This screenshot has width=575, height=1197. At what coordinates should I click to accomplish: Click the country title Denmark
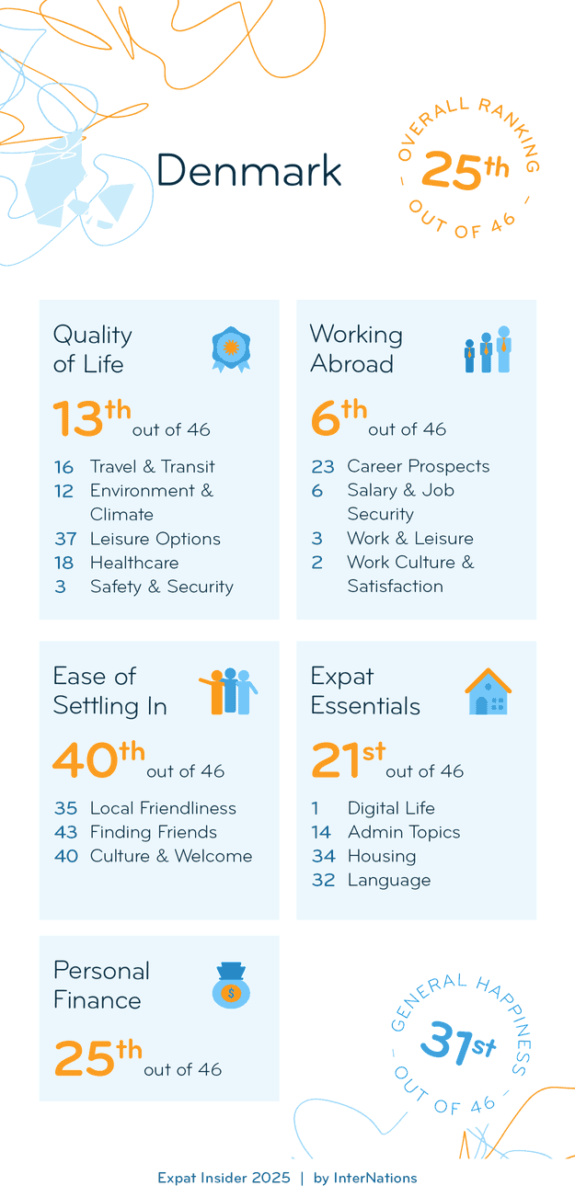coord(248,171)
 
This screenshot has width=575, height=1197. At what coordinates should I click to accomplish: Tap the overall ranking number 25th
coord(465,171)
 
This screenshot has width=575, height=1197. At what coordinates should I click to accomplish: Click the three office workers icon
coord(487,349)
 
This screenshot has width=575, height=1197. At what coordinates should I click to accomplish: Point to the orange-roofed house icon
coord(488,692)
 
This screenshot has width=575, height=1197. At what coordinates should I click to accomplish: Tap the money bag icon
coord(231,986)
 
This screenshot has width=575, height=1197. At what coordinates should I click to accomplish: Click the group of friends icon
coord(228,691)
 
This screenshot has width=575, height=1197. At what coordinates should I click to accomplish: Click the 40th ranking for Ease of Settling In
coord(98,759)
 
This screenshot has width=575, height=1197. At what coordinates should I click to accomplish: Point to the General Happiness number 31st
coord(457,1045)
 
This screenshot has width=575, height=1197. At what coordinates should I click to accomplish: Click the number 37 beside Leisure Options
coord(64,539)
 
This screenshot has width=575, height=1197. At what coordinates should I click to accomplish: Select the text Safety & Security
coord(161,587)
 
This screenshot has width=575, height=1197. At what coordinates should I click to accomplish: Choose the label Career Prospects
coord(418,466)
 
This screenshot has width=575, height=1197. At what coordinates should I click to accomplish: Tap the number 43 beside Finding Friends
coord(65,832)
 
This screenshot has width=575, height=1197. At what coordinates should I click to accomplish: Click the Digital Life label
coord(391,808)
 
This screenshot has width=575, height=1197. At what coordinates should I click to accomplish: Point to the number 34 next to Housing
coord(322,856)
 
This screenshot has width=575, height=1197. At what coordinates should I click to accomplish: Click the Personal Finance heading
coord(101,985)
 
